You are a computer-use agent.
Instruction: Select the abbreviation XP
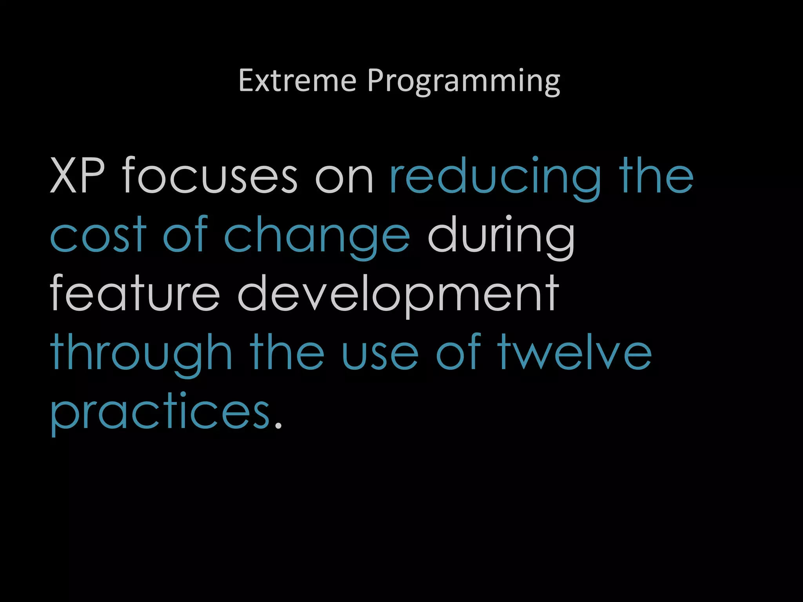click(x=77, y=176)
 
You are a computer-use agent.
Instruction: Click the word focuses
click(x=210, y=176)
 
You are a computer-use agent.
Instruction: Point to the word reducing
click(x=495, y=178)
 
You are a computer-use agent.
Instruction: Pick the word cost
click(x=98, y=235)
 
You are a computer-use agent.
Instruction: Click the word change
click(x=317, y=237)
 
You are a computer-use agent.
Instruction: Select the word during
click(x=501, y=237)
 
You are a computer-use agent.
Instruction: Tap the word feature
click(x=134, y=293)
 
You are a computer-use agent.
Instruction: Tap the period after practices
click(x=278, y=425)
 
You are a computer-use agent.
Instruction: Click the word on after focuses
click(x=344, y=178)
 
